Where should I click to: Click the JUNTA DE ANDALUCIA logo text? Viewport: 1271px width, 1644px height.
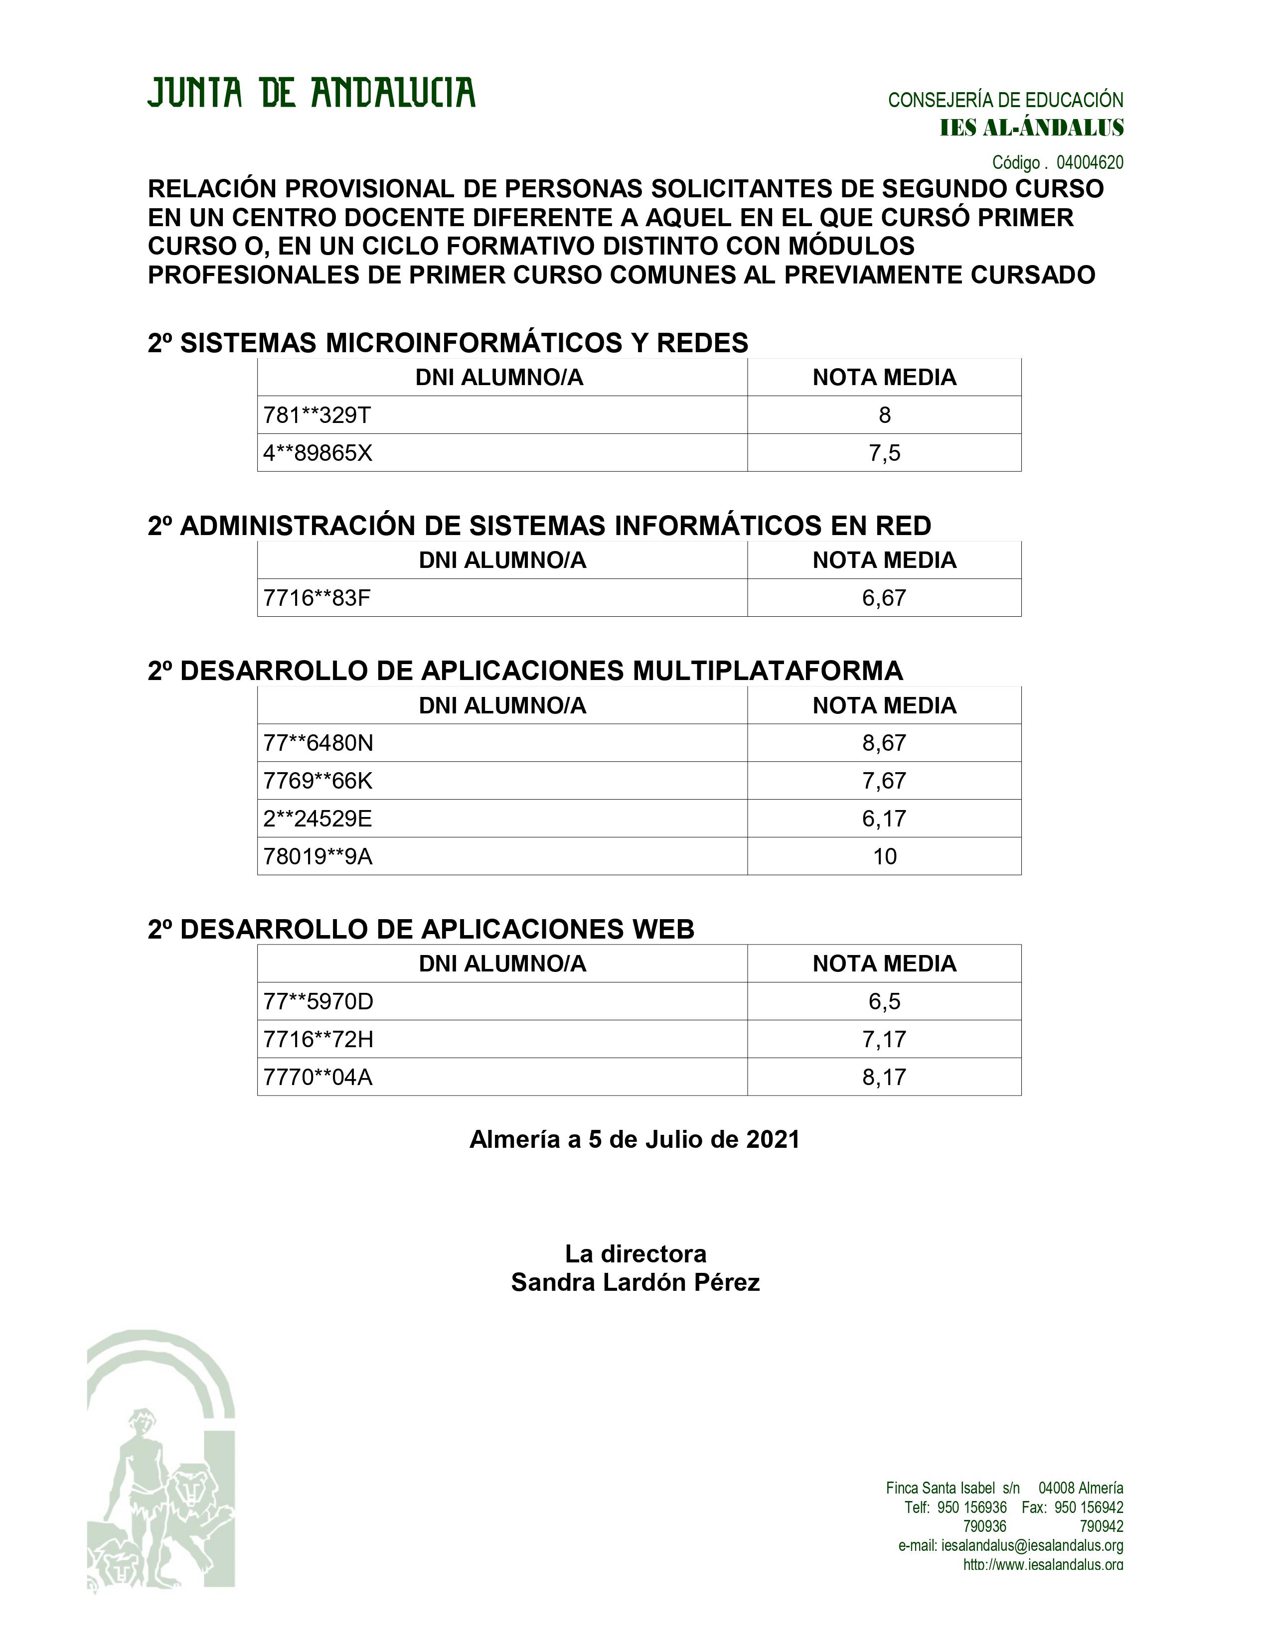pyautogui.click(x=311, y=93)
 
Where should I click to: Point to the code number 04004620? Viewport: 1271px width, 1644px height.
pyautogui.click(x=1090, y=162)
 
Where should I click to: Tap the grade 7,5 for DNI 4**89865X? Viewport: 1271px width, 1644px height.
pyautogui.click(x=884, y=453)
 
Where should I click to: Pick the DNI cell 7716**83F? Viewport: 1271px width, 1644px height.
pyautogui.click(x=317, y=598)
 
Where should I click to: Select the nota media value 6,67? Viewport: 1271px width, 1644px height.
pyautogui.click(x=884, y=598)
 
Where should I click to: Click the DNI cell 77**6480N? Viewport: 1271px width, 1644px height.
pyautogui.click(x=318, y=744)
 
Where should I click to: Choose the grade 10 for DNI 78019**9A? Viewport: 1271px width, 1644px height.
pyautogui.click(x=884, y=857)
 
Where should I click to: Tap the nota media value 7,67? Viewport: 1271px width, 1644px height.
pyautogui.click(x=884, y=781)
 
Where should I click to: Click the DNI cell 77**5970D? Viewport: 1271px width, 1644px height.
pyautogui.click(x=318, y=1002)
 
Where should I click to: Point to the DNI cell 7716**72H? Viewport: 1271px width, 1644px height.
pyautogui.click(x=318, y=1040)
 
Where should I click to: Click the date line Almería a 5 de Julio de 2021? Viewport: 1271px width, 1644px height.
pyautogui.click(x=634, y=1140)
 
